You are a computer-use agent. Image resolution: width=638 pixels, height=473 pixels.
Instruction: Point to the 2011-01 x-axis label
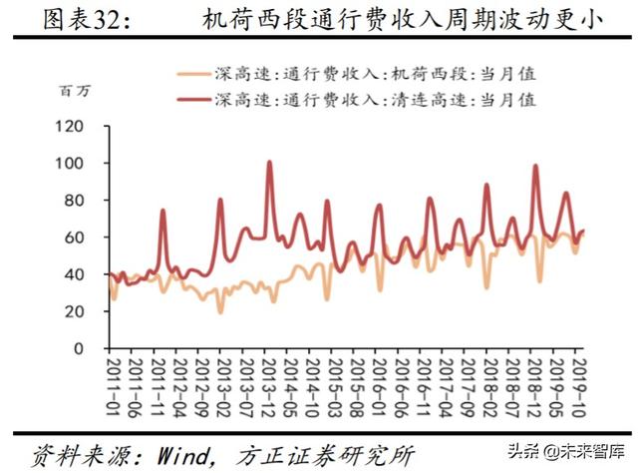click(x=113, y=387)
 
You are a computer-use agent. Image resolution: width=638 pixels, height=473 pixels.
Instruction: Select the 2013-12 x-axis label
click(x=270, y=387)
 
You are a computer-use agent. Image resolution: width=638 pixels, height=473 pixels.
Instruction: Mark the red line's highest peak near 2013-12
click(x=269, y=163)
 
